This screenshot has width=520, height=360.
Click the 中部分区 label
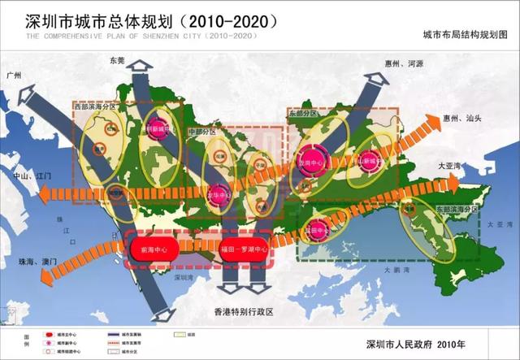point(202,131)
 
